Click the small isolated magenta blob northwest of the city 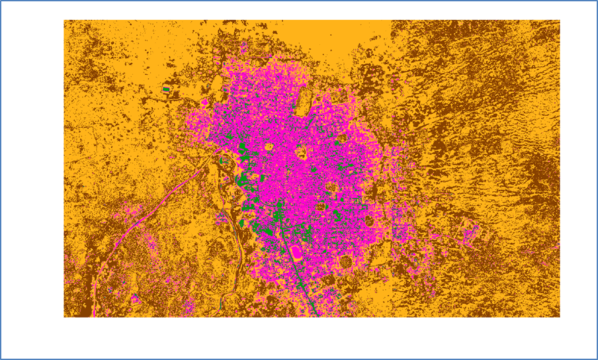[x=204, y=103]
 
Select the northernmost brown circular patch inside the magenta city [x=342, y=138]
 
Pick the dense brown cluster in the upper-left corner [x=86, y=46]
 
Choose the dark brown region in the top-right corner [x=529, y=40]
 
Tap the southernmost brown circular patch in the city [x=345, y=261]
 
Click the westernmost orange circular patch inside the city [x=269, y=147]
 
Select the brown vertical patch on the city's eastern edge [x=374, y=192]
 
